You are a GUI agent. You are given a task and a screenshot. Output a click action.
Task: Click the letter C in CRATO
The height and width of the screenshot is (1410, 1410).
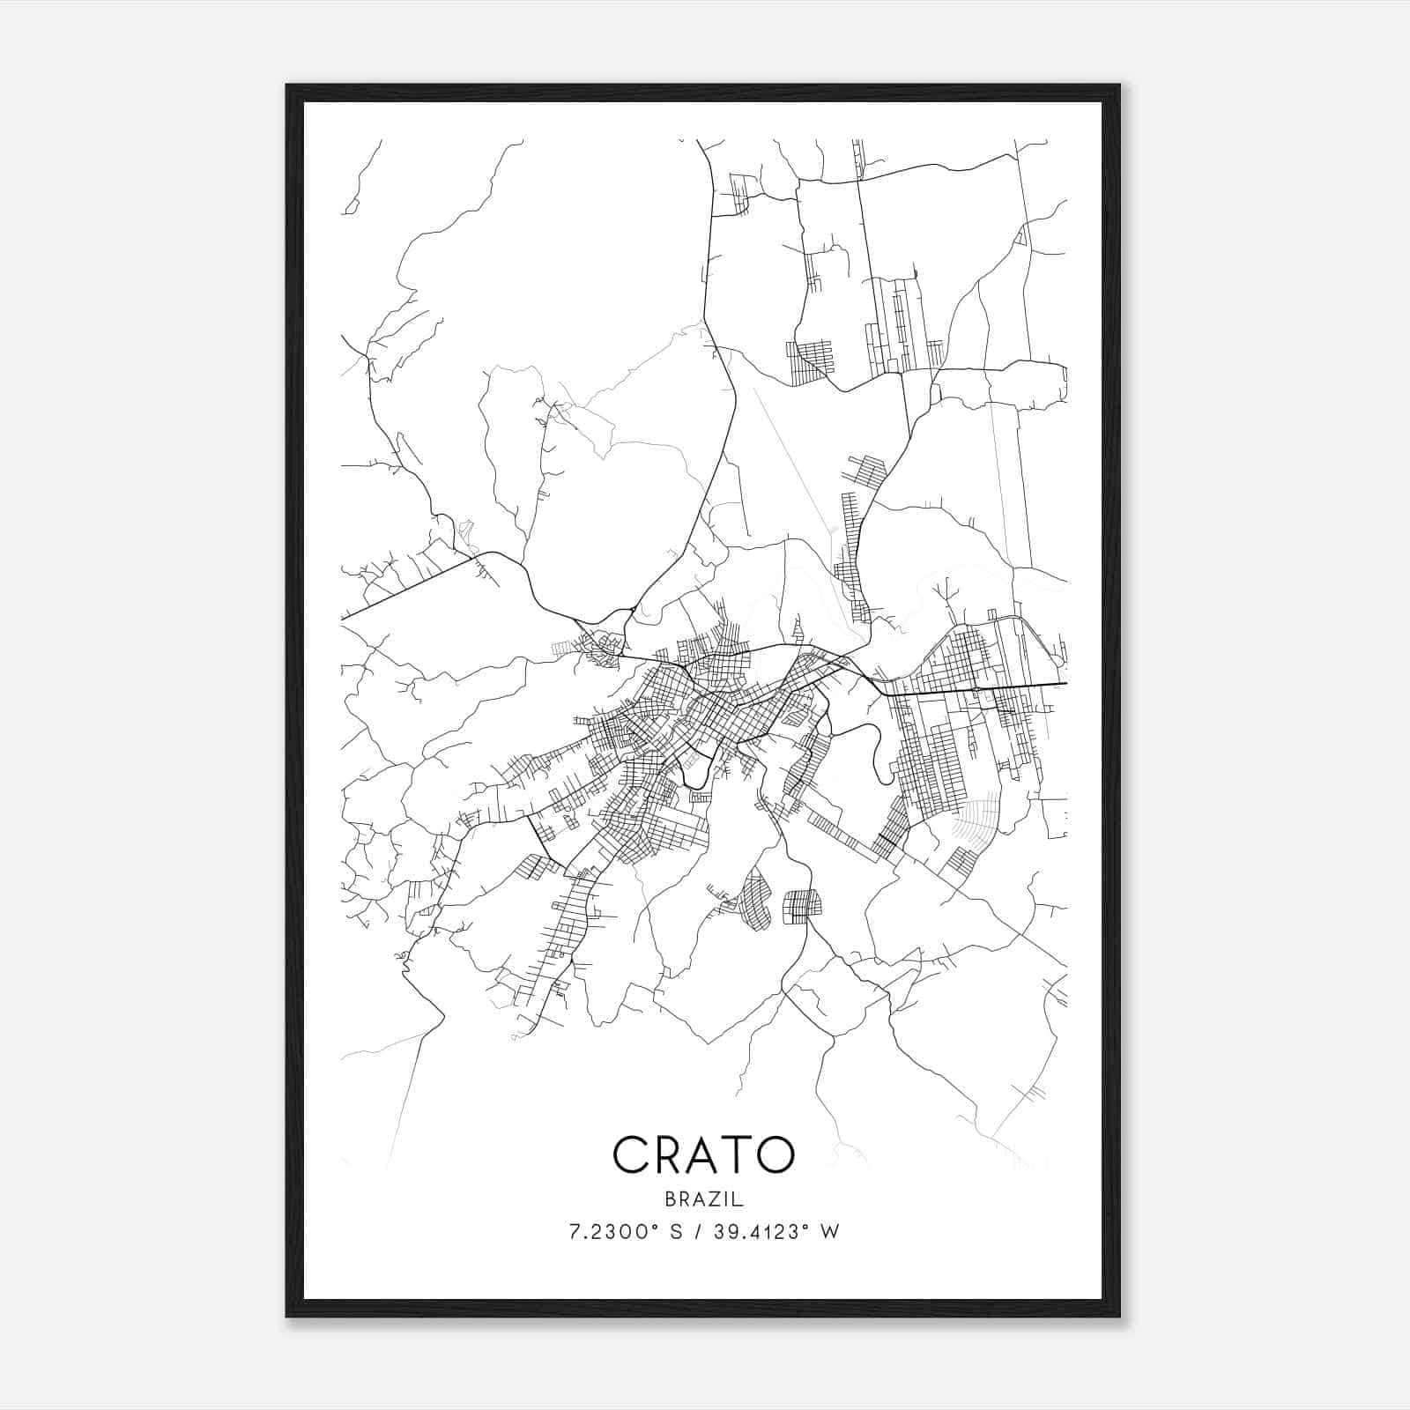[x=633, y=1154]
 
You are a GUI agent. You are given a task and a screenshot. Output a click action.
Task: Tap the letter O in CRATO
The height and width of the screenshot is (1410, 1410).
[x=773, y=1154]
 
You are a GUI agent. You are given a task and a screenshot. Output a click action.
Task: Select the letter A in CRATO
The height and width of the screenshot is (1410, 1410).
[x=705, y=1154]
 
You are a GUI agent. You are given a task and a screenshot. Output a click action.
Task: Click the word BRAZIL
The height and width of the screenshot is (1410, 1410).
[x=704, y=1199]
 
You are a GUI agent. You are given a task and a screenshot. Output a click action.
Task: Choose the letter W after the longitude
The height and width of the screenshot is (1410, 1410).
[x=829, y=1232]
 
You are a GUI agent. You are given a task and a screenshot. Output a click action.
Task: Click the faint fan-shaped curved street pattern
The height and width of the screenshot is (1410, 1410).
[x=978, y=815]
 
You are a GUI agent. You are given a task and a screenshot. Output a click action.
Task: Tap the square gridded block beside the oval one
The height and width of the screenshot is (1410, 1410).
[x=802, y=906]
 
